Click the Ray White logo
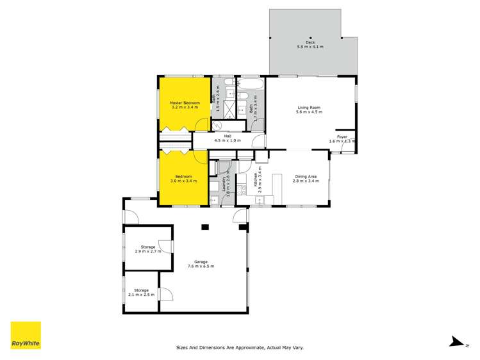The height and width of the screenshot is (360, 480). tap(26, 336)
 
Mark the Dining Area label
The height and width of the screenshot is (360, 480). tap(305, 177)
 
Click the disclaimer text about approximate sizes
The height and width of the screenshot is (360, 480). tap(240, 348)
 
